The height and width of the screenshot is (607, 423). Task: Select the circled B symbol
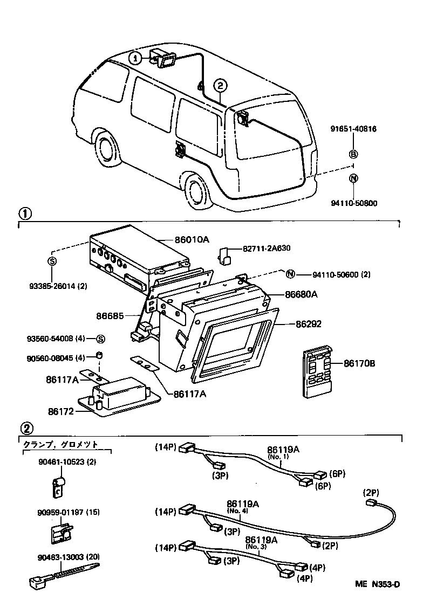click(x=353, y=154)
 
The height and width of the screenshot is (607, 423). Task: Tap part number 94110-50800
click(x=353, y=203)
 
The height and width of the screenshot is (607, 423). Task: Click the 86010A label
click(x=191, y=239)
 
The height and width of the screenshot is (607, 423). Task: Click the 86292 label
click(x=308, y=325)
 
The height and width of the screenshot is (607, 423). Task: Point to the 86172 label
click(x=60, y=411)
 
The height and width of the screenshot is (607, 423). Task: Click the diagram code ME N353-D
click(x=377, y=584)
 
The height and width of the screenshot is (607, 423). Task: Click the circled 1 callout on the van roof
click(x=137, y=57)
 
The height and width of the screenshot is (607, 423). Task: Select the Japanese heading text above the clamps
click(x=60, y=445)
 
